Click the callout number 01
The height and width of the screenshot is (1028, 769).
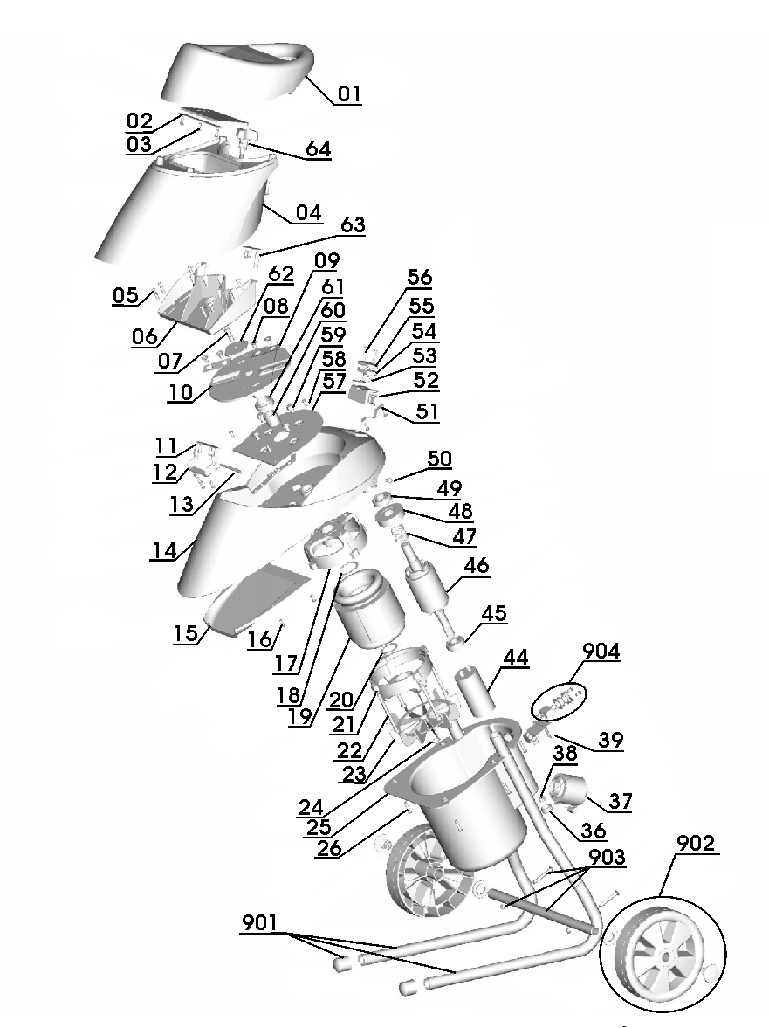coord(349,93)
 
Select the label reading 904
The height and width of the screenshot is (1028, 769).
coord(601,652)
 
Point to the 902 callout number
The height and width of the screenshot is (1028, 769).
coord(697,844)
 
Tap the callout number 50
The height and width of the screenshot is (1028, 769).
coord(438,459)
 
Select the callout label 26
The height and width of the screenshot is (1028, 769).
coord(328,848)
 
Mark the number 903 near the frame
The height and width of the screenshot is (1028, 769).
coord(607,859)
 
